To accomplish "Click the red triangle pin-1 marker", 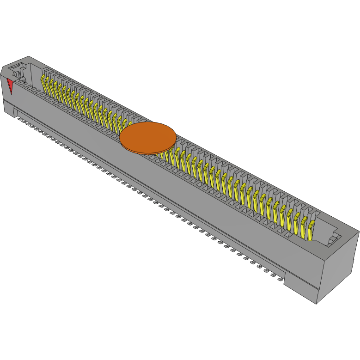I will tap(10, 85).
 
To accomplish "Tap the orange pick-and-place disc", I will tap(148, 137).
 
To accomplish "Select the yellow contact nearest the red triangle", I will tap(45, 83).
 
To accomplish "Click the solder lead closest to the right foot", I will tap(280, 280).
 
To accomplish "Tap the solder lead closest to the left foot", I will tap(20, 118).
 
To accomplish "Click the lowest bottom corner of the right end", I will tap(316, 304).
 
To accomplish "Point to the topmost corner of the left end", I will tap(30, 56).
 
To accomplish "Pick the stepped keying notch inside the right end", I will tap(334, 239).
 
